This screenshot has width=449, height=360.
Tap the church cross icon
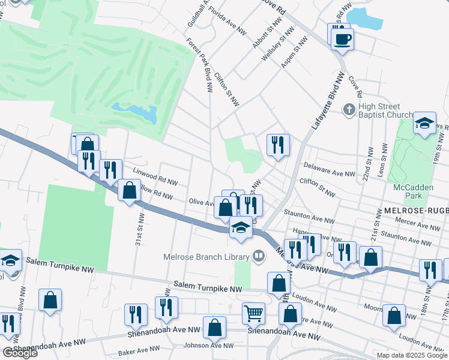349,110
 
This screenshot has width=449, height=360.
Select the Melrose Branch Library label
206,257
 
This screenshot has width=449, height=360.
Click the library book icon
259,257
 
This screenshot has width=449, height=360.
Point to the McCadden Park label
413,191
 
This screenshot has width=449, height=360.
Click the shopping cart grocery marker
254,313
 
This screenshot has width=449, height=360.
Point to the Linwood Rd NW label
155,175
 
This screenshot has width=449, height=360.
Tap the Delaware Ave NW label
330,171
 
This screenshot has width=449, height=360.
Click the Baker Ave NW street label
140,349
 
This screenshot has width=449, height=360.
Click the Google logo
20,353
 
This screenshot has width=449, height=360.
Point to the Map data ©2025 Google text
412,355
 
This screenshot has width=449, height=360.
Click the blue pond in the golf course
142,112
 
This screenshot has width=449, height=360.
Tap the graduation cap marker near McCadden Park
424,125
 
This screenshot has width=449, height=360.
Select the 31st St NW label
139,229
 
